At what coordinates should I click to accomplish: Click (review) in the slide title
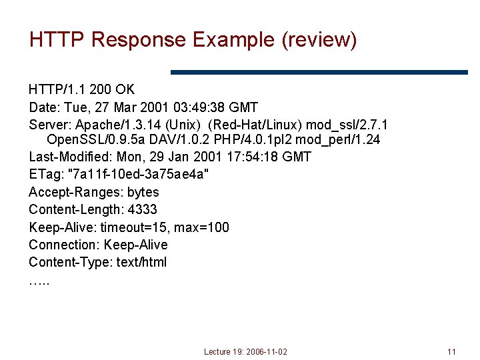(x=319, y=40)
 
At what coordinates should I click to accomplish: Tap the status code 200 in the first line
(x=99, y=89)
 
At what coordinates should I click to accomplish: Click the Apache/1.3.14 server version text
(x=117, y=124)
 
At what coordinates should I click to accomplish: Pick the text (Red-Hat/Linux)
(x=255, y=124)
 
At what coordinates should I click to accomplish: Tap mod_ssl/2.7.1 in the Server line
(x=347, y=124)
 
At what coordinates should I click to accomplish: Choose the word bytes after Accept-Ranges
(x=143, y=193)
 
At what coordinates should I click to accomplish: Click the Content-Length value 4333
(x=143, y=210)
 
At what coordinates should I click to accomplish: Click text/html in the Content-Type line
(x=141, y=262)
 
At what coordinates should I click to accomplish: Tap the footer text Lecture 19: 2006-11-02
(x=245, y=351)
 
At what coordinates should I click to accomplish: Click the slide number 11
(x=451, y=351)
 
